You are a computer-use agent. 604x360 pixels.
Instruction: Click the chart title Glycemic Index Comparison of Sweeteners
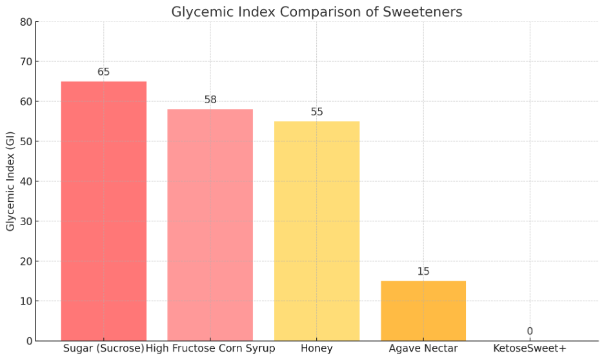pos(316,12)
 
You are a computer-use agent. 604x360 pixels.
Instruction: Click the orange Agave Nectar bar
pos(423,310)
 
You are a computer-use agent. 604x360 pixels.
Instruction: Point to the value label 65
pos(103,72)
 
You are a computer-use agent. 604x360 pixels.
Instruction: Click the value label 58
pos(210,99)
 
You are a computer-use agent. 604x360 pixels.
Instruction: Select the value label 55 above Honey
pos(316,112)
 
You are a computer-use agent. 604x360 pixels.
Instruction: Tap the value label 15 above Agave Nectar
pos(423,271)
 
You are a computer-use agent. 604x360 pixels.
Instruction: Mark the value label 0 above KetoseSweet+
pos(530,331)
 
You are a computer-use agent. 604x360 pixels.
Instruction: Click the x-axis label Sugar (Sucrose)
pos(103,348)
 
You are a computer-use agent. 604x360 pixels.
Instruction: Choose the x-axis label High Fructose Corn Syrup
pos(210,348)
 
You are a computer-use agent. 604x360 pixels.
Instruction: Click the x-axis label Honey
pos(316,348)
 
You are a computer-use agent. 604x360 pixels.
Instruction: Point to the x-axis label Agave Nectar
pos(423,348)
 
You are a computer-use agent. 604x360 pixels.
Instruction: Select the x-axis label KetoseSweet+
pos(530,348)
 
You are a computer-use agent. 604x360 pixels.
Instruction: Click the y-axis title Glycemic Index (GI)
pos(10,181)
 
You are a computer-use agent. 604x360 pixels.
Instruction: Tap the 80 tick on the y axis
pos(25,22)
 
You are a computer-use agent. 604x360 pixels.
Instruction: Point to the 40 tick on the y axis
pos(25,181)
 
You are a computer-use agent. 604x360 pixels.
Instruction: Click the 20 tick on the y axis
pos(25,261)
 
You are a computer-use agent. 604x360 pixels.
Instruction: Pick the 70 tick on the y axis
pos(25,62)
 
